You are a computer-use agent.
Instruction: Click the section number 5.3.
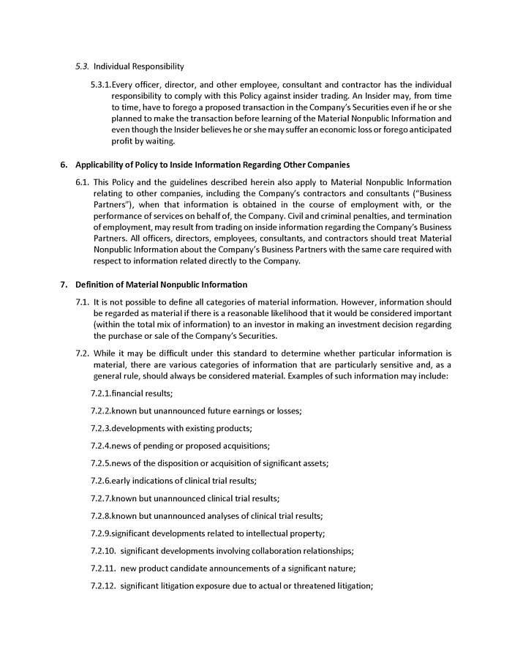pos(83,67)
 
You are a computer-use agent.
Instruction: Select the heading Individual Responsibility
pos(139,67)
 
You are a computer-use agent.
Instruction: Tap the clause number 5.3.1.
pos(101,85)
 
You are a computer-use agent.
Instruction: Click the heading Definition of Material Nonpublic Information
pos(161,285)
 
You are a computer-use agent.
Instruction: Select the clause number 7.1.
pos(83,302)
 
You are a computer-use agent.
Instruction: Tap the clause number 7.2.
pos(83,353)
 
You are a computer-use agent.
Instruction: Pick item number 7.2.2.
pos(101,411)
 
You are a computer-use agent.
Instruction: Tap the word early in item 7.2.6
pos(121,482)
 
